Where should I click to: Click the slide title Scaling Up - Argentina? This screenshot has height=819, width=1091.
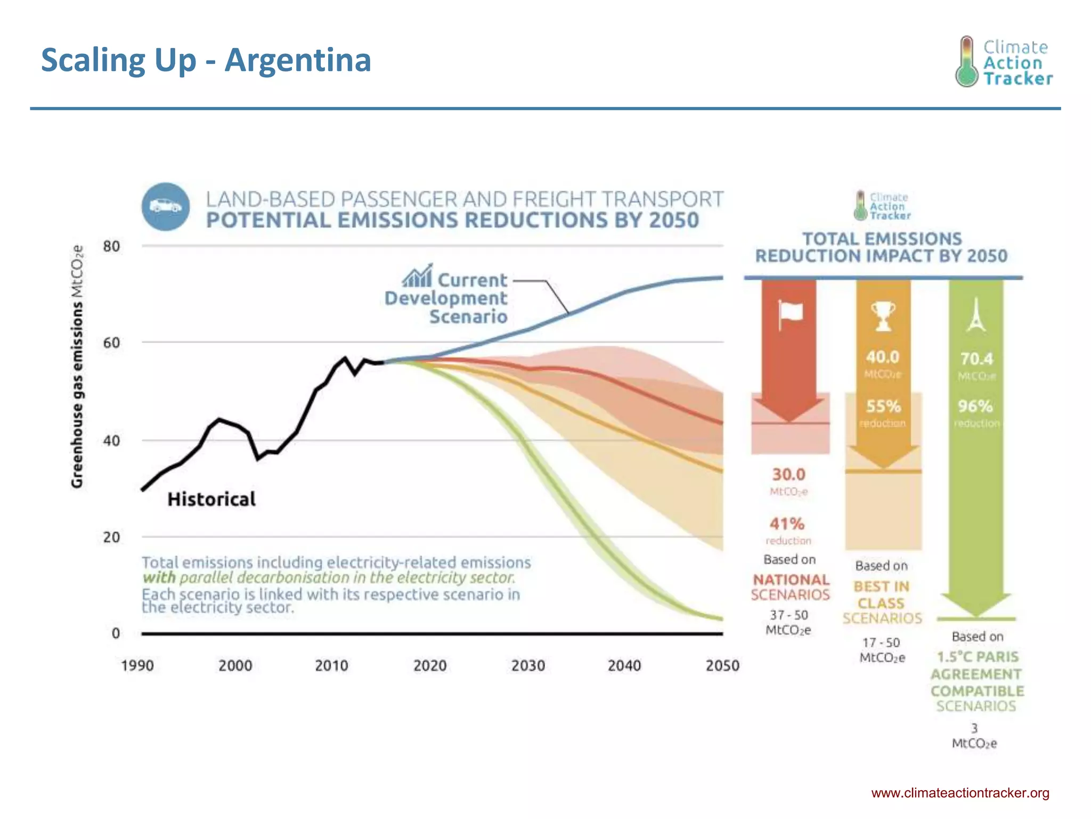[x=206, y=60]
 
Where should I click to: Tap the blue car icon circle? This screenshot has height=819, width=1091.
[x=166, y=207]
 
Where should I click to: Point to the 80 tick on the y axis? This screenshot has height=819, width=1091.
[x=111, y=246]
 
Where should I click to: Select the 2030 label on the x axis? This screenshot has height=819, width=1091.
[x=528, y=665]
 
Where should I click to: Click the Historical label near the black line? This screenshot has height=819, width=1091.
[x=211, y=499]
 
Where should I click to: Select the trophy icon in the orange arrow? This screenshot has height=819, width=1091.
[x=883, y=316]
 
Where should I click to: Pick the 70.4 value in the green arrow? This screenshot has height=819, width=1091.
[x=976, y=358]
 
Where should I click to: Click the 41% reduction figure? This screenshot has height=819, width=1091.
[x=787, y=524]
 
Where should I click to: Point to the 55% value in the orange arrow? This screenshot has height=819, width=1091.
[x=883, y=406]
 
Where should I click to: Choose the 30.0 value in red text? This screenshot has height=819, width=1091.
[x=788, y=474]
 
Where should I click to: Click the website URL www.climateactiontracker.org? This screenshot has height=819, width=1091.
[x=960, y=793]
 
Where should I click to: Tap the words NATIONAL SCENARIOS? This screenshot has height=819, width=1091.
[x=791, y=587]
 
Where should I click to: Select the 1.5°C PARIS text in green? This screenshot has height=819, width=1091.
[x=977, y=657]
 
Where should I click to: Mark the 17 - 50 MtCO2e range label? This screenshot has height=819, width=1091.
[x=882, y=650]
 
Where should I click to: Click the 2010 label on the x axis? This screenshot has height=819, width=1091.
[x=331, y=665]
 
